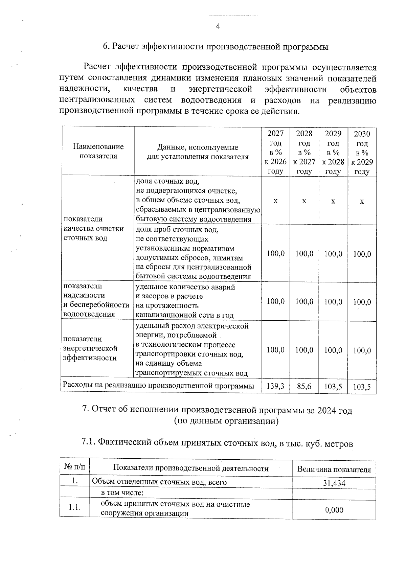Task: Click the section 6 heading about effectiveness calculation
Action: (216, 47)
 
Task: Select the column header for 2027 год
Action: (275, 152)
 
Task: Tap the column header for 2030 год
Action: (362, 152)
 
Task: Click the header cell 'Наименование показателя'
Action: (98, 151)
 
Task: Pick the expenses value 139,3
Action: (275, 386)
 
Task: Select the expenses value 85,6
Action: (304, 386)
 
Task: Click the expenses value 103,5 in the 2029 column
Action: (333, 386)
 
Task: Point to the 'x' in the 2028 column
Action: (304, 201)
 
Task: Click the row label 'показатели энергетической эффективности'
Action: (91, 348)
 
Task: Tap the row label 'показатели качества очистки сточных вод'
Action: (94, 228)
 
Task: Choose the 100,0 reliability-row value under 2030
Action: (362, 302)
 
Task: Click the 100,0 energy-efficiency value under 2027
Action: (275, 350)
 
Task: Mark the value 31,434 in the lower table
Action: (334, 483)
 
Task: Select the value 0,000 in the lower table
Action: (334, 510)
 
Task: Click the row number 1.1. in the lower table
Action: (74, 507)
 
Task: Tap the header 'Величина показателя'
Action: (334, 469)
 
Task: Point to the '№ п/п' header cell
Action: (74, 468)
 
